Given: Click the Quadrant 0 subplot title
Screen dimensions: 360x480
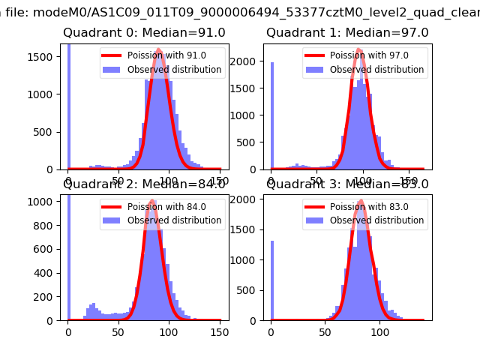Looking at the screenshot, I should pos(144,32).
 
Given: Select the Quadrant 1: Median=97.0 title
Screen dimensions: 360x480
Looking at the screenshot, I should pos(347,32).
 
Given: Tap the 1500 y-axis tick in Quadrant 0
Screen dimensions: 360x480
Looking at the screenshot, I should pos(45,57).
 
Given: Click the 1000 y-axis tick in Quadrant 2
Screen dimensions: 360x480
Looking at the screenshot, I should pos(45,202).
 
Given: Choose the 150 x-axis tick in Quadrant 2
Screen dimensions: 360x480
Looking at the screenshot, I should pos(220,331).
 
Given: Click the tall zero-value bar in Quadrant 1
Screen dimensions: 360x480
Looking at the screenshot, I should pos(272,116).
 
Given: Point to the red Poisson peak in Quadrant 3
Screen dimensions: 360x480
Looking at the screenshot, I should pos(362,201).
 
